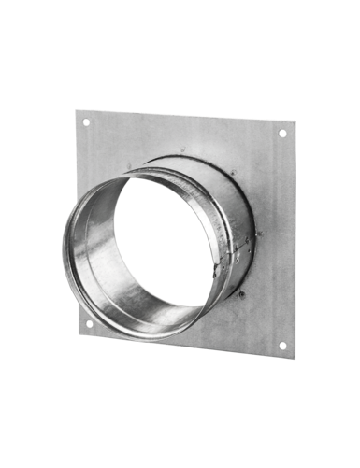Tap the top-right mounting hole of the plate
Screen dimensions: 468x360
pos(279,135)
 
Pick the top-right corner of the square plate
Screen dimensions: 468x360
pos(290,124)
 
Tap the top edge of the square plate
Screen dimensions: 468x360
pos(182,116)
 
